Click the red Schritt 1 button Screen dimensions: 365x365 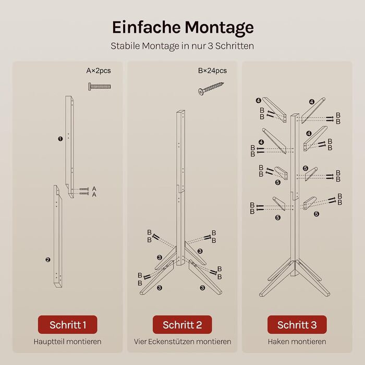tap(67, 324)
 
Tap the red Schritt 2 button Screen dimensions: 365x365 tap(182, 324)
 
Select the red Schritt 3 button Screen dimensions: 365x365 tap(297, 324)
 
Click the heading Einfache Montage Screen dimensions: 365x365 tap(182, 28)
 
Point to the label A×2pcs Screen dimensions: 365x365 tap(99, 70)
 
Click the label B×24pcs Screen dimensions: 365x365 tap(212, 70)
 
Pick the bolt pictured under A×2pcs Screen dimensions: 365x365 tap(100, 87)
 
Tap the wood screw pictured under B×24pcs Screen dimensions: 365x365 tap(211, 89)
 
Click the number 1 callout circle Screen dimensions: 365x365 tap(60, 139)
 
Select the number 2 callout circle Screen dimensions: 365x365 tap(48, 260)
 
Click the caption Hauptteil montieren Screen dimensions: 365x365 tap(67, 342)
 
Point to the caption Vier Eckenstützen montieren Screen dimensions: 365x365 tap(182, 342)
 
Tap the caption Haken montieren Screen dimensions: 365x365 tap(297, 342)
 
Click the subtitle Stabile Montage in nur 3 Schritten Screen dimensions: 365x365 tap(182, 46)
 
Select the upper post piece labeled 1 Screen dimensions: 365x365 tap(69, 147)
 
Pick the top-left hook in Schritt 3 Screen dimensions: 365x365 tap(275, 109)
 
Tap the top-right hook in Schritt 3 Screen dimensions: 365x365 tap(313, 110)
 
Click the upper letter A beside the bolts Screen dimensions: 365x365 tap(94, 188)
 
